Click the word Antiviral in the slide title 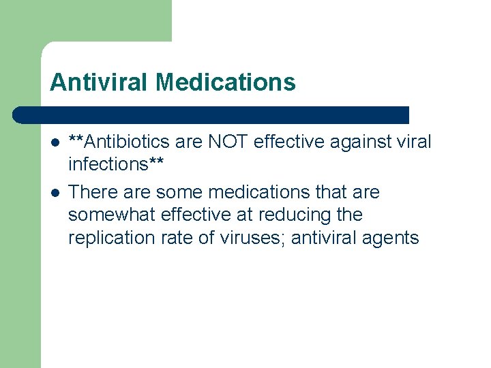pos(100,82)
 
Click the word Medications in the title pos(226,82)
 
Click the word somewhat pos(113,215)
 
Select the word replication pos(110,238)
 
